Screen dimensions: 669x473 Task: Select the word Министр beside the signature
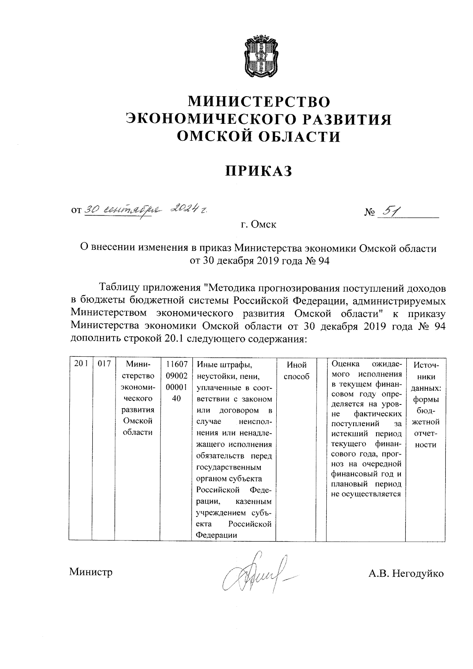point(91,572)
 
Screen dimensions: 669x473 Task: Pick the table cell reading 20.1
point(81,364)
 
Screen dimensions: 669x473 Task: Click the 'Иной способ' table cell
point(296,371)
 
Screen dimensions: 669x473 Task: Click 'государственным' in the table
point(229,468)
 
